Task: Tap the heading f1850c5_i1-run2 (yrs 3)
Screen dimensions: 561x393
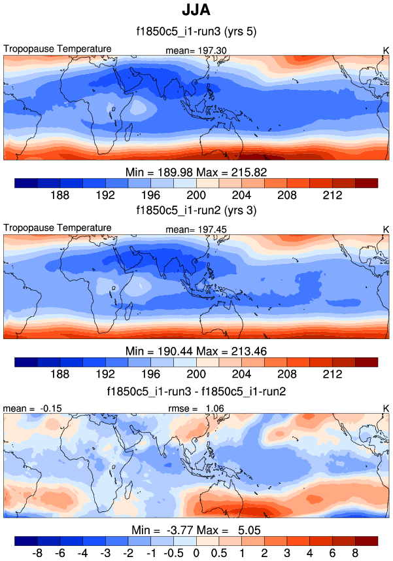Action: pyautogui.click(x=196, y=211)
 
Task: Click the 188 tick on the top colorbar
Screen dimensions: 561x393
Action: pyautogui.click(x=60, y=196)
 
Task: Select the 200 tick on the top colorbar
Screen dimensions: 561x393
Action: pyautogui.click(x=196, y=196)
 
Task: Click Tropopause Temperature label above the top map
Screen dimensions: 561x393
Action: pyautogui.click(x=58, y=49)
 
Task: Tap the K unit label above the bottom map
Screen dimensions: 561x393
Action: pyautogui.click(x=386, y=408)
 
